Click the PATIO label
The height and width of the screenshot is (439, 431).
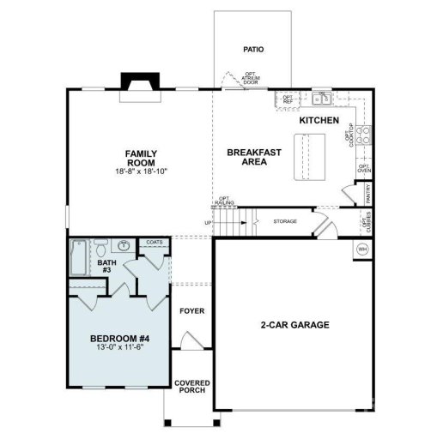pyautogui.click(x=253, y=50)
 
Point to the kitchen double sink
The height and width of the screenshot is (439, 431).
pyautogui.click(x=322, y=97)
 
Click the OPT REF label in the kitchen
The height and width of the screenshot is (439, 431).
pyautogui.click(x=288, y=99)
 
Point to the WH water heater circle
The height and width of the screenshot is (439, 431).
pyautogui.click(x=361, y=250)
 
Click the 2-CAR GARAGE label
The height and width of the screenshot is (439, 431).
pyautogui.click(x=295, y=325)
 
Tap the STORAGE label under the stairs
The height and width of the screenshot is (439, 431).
pyautogui.click(x=285, y=221)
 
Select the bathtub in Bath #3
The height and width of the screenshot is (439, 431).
pyautogui.click(x=78, y=257)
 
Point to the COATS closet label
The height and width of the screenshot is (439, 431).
pyautogui.click(x=154, y=243)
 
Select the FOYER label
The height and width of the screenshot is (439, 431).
pyautogui.click(x=191, y=310)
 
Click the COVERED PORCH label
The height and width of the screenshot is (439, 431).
pyautogui.click(x=191, y=388)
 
